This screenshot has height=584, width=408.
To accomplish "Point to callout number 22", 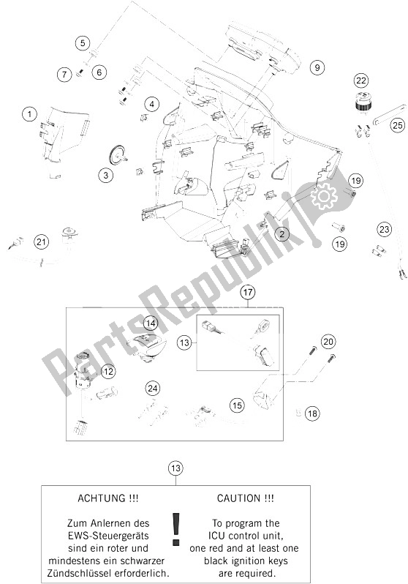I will tap(360, 81).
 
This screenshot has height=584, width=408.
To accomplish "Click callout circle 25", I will tap(396, 125).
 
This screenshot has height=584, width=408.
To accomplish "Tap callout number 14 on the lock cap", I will tap(151, 323).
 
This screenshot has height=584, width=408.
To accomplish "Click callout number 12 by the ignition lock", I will tap(108, 372).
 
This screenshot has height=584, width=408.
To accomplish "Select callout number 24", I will tap(152, 388).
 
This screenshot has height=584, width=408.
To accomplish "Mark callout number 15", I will tap(236, 404).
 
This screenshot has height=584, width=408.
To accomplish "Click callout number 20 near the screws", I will tap(328, 341).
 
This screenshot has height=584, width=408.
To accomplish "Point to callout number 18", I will tap(313, 413).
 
